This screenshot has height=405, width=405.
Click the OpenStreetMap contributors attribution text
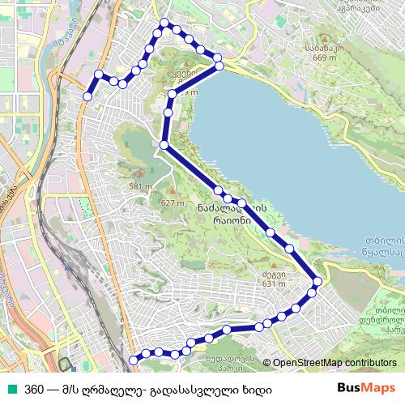tap(335, 363)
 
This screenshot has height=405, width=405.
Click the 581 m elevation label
tap(139, 187)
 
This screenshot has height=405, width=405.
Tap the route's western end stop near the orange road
tap(87, 96)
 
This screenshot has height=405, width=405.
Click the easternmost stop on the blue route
tap(317, 281)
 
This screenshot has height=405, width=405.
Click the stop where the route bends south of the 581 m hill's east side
tap(164, 145)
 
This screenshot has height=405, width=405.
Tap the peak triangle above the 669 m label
tap(322, 39)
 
